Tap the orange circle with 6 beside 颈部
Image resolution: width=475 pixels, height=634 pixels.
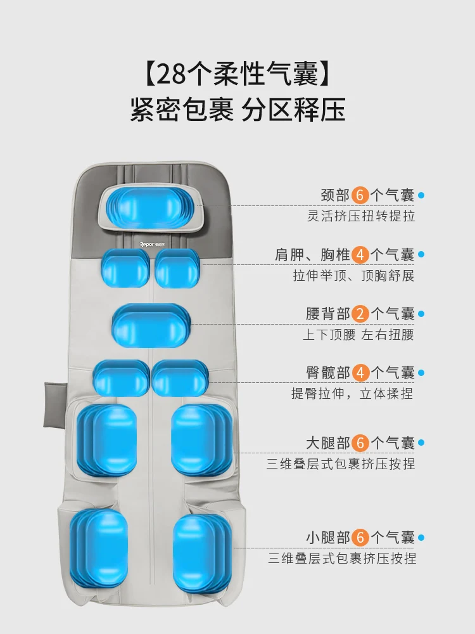361,195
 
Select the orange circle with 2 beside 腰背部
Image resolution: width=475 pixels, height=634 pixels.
361,313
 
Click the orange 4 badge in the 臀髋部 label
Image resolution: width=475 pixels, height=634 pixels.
361,372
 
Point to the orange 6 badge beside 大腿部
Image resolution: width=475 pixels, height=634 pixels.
361,443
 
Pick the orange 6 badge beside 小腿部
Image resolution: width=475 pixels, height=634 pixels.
361,538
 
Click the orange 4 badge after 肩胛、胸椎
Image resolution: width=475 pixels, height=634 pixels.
361,254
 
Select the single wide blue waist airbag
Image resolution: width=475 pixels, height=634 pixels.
151,325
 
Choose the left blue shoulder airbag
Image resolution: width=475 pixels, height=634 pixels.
125,268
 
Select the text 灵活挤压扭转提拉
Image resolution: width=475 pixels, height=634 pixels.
361,216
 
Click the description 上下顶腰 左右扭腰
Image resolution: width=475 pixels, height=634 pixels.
358,334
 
